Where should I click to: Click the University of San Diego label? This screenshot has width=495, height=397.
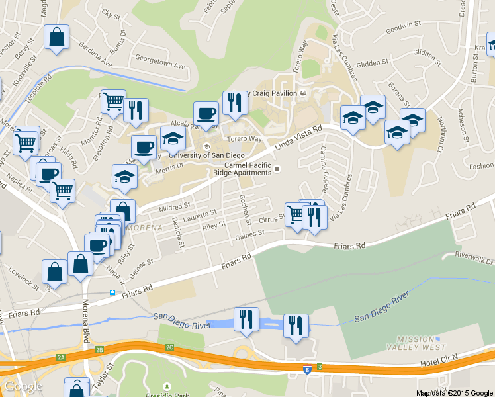click(209, 155)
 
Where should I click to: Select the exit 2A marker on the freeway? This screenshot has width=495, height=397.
click(62, 357)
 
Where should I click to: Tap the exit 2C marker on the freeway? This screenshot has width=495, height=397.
click(169, 347)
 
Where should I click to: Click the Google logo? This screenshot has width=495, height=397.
click(24, 387)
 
